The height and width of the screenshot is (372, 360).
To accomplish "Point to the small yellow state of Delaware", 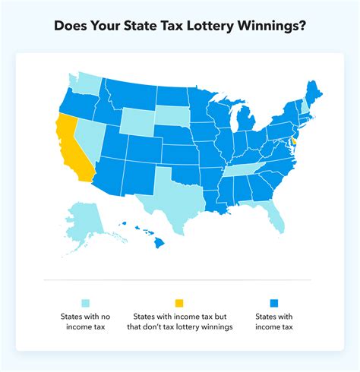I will click(295, 142).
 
